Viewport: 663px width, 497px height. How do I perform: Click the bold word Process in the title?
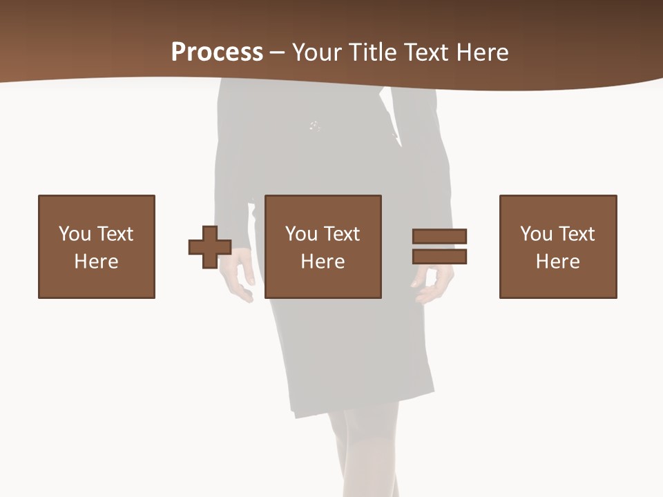point(217,52)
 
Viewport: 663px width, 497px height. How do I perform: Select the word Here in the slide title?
point(481,52)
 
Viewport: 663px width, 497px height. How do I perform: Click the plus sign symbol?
point(210,247)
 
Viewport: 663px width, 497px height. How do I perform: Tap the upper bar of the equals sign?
point(440,236)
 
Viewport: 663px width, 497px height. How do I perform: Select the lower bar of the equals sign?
point(440,257)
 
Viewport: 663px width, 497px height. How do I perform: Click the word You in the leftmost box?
point(74,234)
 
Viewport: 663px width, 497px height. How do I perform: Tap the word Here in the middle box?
point(323,262)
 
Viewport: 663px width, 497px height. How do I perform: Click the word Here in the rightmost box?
point(558,262)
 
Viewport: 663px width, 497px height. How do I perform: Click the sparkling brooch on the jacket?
point(314,126)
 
